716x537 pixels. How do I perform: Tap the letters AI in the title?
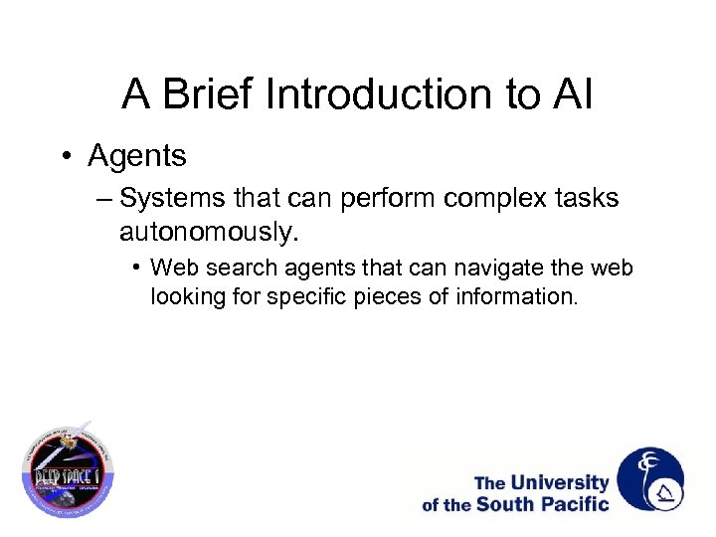572,95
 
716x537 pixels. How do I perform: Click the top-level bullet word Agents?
137,156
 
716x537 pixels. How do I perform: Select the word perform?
388,199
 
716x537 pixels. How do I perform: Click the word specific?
297,295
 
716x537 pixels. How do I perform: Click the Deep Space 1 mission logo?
69,467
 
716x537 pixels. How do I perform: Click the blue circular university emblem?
650,479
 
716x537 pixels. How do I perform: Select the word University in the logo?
560,483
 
